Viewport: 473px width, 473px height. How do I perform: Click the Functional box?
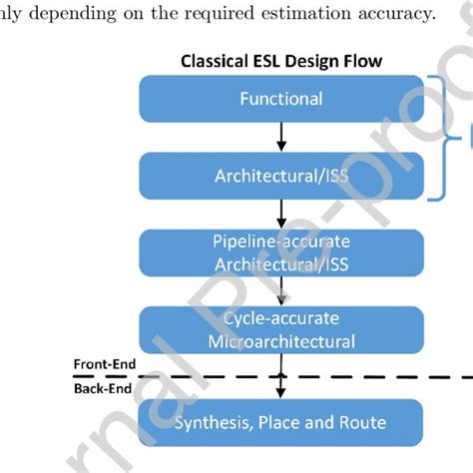pos(280,99)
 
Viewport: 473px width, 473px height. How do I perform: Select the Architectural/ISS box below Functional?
pos(280,176)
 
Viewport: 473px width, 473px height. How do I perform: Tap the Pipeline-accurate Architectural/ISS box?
pos(280,253)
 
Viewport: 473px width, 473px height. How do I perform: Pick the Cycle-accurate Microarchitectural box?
pos(280,330)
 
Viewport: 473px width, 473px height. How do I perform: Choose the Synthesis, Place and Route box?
pos(280,421)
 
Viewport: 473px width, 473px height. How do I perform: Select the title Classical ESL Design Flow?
pos(280,61)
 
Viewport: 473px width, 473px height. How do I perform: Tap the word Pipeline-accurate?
pos(280,242)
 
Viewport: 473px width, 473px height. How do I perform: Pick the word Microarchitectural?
pos(280,341)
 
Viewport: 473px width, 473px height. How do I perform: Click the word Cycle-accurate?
pos(280,319)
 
